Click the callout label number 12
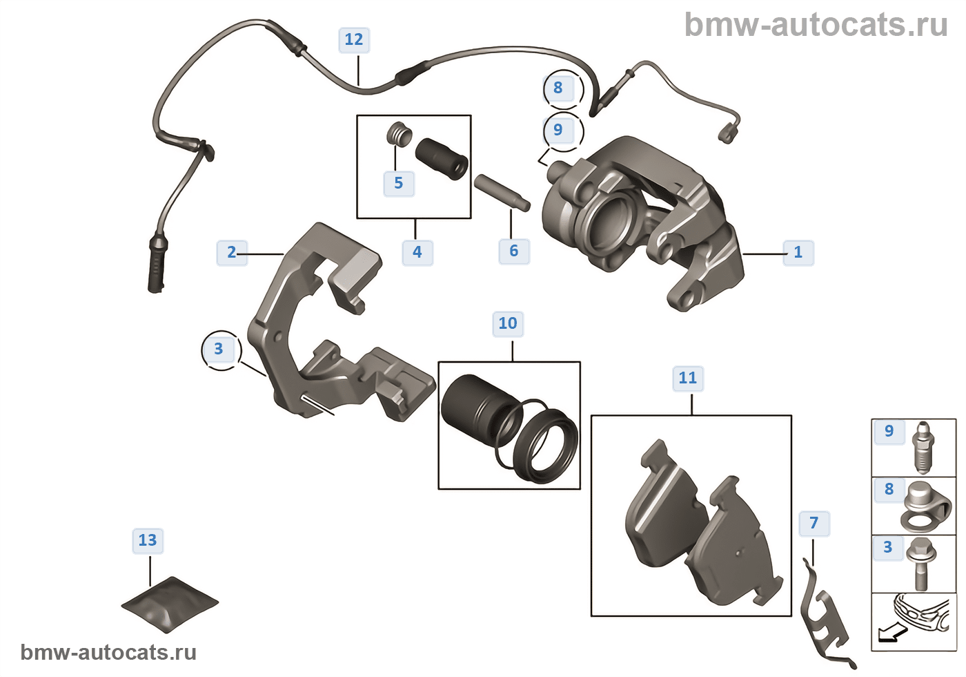click(354, 40)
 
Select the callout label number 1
click(798, 252)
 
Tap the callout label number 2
click(232, 252)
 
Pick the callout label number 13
click(148, 540)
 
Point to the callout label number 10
click(508, 323)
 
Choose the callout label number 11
click(688, 378)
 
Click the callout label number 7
click(814, 523)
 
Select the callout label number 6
click(514, 251)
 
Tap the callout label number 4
click(417, 252)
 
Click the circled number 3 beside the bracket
click(219, 349)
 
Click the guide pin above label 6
click(502, 192)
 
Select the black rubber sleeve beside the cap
click(442, 158)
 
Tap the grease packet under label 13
click(170, 603)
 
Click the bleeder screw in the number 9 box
click(923, 446)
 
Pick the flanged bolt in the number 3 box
click(920, 563)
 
